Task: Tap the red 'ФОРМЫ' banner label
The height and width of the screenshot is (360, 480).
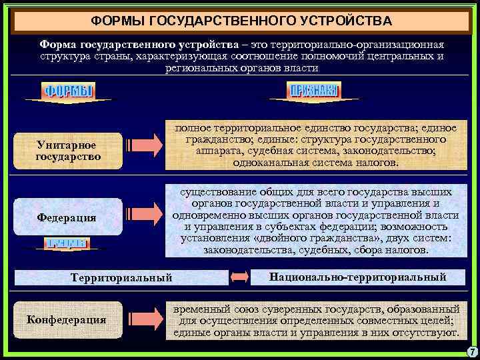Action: click(x=69, y=91)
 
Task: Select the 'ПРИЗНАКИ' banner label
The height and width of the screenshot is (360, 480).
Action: click(x=313, y=91)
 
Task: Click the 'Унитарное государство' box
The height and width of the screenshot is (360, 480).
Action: click(x=68, y=151)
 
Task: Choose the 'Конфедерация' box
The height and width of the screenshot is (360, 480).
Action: click(x=66, y=319)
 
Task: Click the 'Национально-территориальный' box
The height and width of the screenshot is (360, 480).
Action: click(x=358, y=276)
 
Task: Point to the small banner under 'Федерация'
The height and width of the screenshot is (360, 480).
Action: click(x=65, y=243)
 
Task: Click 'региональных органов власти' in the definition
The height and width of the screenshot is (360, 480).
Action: click(x=242, y=67)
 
